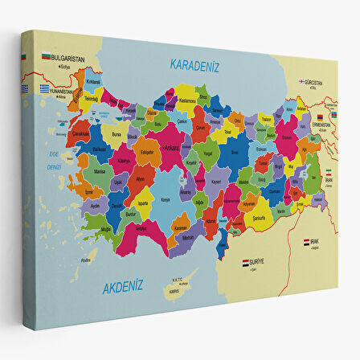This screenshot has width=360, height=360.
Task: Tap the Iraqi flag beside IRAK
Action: pos(306,241)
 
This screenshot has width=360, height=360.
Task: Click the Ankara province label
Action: pos(171,148)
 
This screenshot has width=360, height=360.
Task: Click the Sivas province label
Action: pos(235,150)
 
